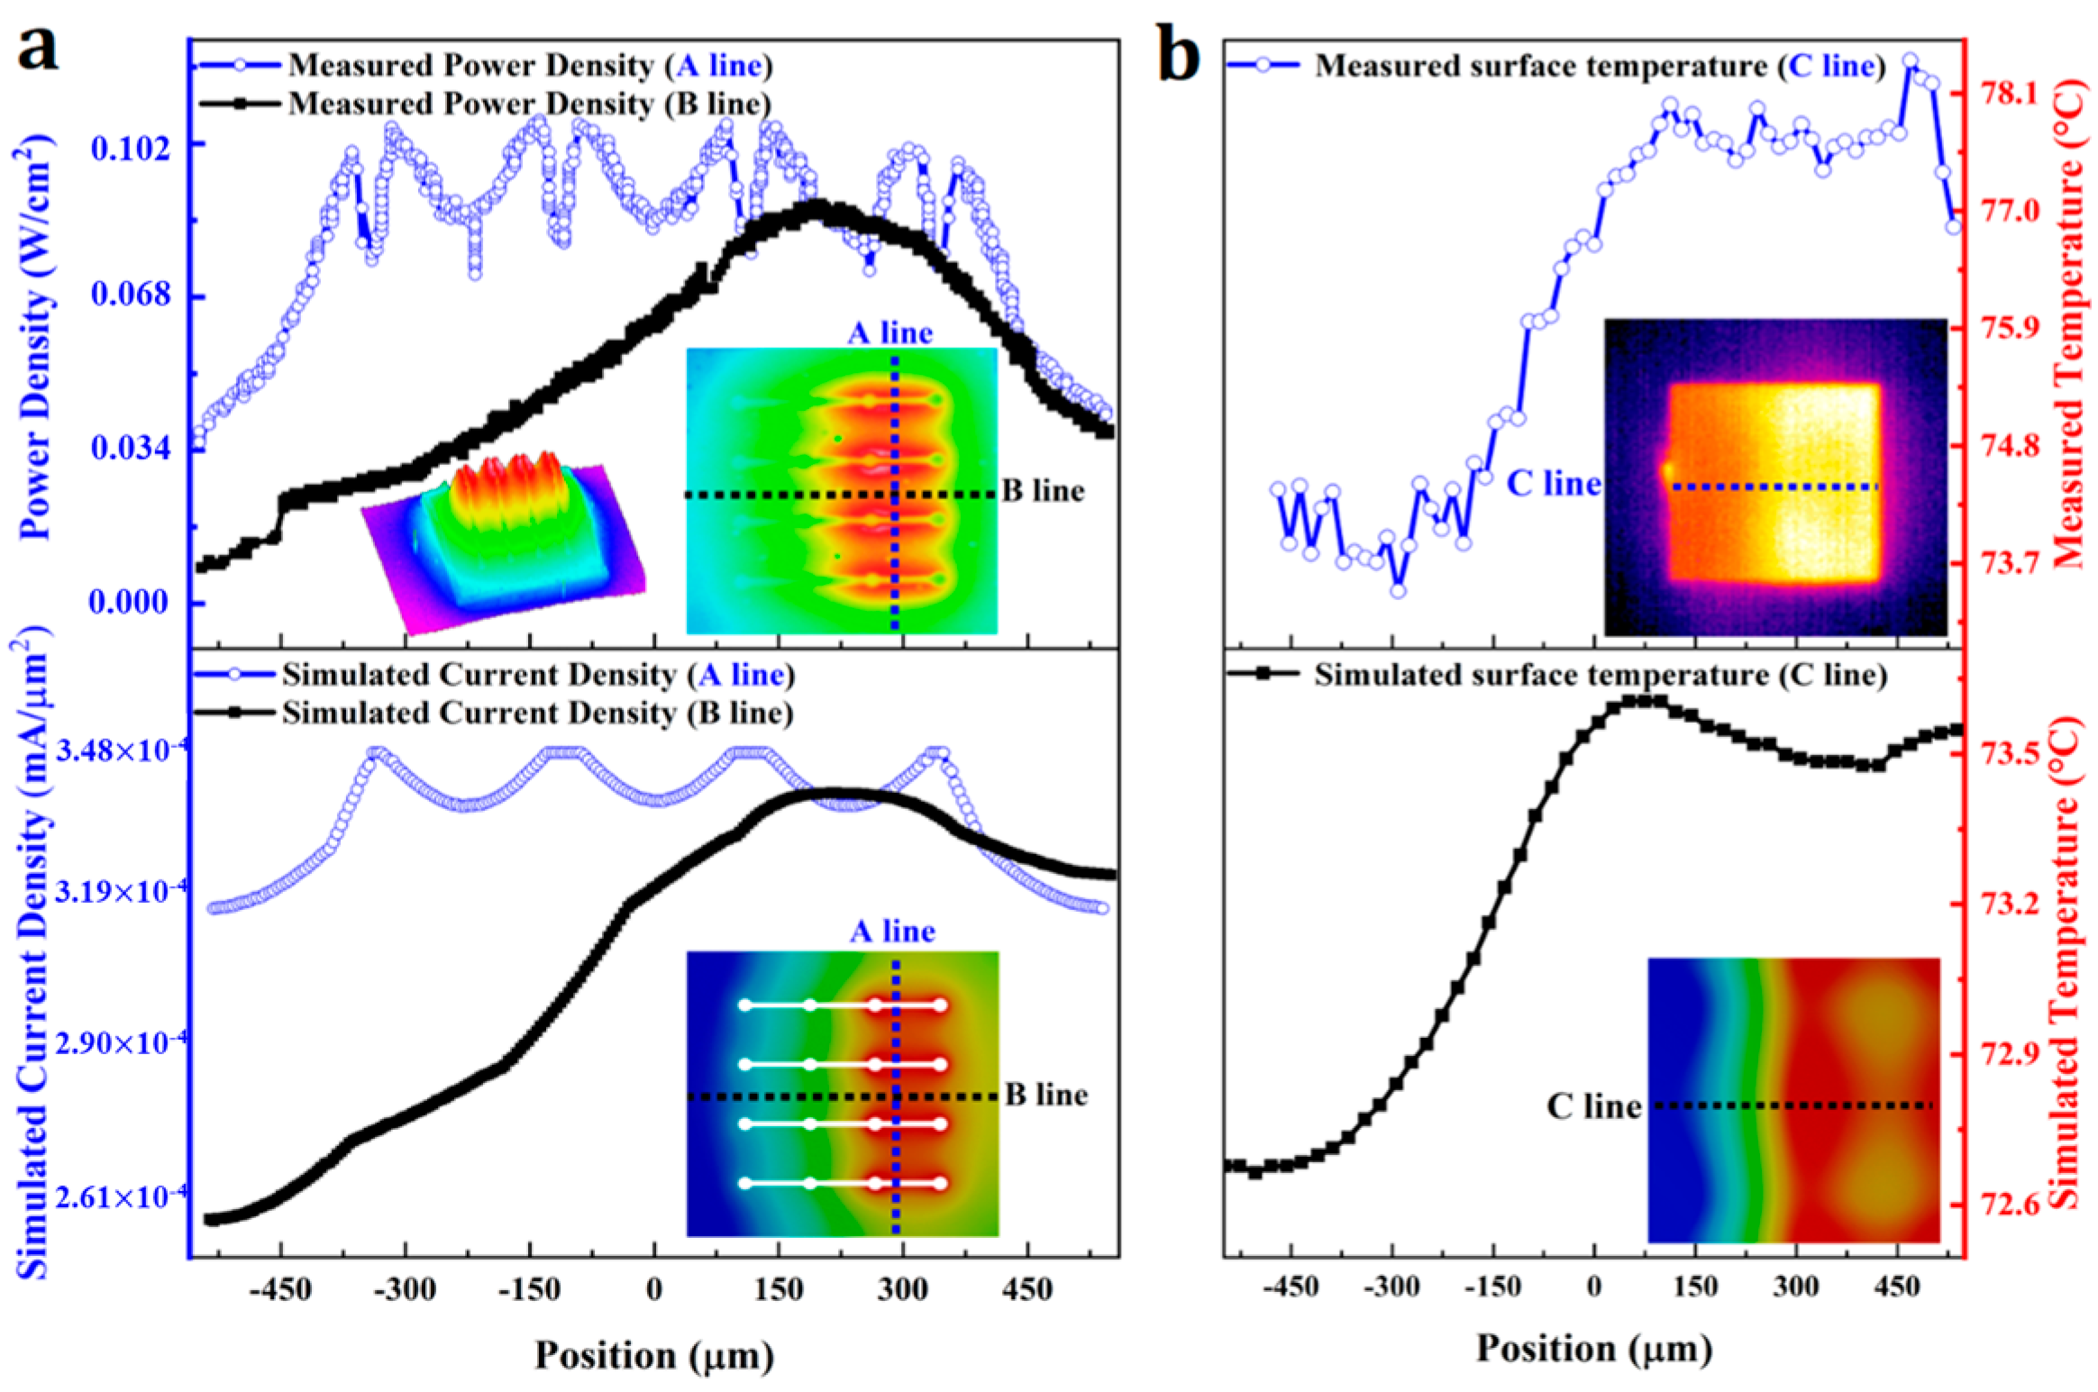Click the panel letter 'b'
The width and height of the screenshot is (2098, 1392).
tap(1178, 56)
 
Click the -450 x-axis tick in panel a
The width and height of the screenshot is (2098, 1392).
tap(281, 1291)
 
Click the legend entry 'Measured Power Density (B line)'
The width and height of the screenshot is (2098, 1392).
tap(529, 104)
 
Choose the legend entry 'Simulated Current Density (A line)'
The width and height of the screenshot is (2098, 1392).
tap(538, 675)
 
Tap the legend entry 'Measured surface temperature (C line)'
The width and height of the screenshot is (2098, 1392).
tap(1600, 66)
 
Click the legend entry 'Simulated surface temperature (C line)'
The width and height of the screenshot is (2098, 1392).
tap(1600, 675)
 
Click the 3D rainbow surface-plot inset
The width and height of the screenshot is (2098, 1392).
tap(505, 541)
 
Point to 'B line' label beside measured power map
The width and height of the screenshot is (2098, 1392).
tap(1044, 492)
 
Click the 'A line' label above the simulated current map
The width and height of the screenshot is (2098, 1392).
tap(892, 931)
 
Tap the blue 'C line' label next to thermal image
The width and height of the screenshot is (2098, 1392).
tap(1554, 484)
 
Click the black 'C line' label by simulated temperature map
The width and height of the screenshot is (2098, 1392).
tap(1594, 1105)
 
